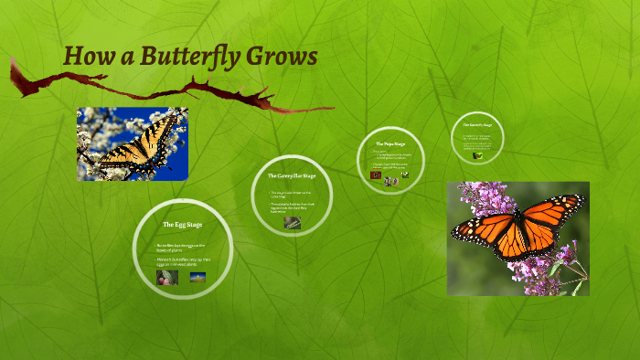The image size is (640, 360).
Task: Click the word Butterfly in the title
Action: coord(190,57)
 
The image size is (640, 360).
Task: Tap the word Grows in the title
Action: coord(283,57)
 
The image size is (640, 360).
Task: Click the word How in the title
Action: coord(88,57)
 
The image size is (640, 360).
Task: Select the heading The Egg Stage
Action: coord(181,224)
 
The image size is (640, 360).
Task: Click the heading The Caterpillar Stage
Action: coord(291,175)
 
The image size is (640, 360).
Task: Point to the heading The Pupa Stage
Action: coord(390,143)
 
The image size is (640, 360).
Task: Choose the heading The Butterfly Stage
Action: coord(477,124)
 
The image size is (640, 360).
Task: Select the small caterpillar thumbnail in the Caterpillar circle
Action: coord(292,221)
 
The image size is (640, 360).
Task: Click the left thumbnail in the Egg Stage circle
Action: coord(166,276)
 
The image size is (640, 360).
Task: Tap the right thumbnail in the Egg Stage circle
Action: coord(197,276)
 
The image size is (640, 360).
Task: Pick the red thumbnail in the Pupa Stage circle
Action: coord(376,175)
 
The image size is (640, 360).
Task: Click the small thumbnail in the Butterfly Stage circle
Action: coord(476,155)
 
